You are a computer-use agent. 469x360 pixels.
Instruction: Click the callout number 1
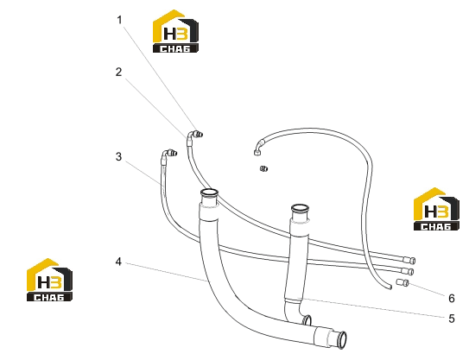coord(119,20)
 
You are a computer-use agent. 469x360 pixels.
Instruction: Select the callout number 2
coord(118,72)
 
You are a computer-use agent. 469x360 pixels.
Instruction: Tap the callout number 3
coord(118,156)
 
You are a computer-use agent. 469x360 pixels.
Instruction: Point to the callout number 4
coord(118,262)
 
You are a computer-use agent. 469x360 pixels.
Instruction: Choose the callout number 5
coord(452,319)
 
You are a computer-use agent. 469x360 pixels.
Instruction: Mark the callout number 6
coord(452,298)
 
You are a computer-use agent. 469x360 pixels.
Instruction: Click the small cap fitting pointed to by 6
coord(402,282)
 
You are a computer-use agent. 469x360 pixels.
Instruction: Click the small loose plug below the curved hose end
coord(263,168)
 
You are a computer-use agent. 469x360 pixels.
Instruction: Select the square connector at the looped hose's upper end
coord(257,153)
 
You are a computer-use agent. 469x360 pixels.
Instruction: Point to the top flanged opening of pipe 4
coord(209,193)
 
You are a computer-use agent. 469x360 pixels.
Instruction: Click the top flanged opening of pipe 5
coord(300,207)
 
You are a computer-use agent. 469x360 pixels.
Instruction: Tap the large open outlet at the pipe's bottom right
coord(341,340)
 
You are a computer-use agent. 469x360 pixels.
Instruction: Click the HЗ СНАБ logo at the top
coord(175,31)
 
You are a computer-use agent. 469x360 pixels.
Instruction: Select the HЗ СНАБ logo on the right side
coord(436,209)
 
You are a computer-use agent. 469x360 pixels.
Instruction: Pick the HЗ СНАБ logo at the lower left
coord(49,280)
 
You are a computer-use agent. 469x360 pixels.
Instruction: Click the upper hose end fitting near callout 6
coord(409,260)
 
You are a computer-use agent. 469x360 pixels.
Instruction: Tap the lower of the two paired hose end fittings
coord(408,271)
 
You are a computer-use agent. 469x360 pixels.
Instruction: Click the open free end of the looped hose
coord(390,287)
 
